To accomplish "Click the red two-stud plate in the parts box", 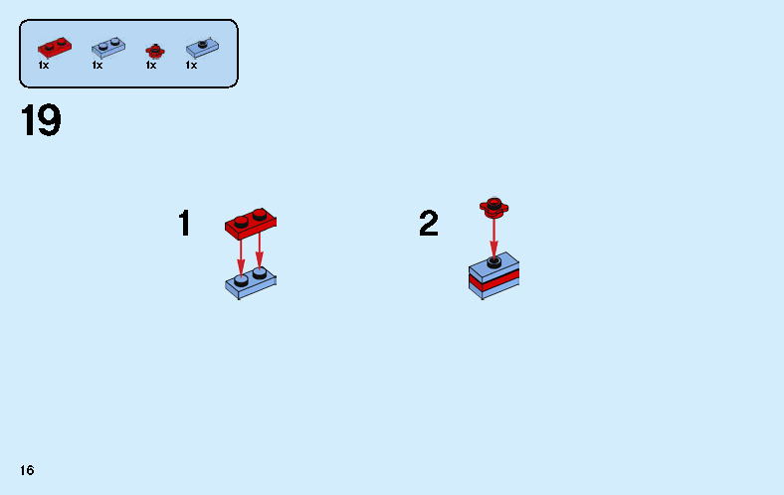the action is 55,48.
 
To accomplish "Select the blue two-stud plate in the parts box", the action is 108,48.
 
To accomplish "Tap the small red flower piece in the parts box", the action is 155,51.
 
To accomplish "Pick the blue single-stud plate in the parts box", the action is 203,48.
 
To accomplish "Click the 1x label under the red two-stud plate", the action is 44,65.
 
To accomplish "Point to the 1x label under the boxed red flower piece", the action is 151,65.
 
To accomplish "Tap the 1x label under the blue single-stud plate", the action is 191,65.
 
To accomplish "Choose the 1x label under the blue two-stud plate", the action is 98,65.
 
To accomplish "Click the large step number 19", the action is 41,120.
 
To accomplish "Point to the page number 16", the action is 27,470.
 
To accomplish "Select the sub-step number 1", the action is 184,223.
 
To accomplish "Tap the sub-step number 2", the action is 429,223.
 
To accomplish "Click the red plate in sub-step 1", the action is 251,225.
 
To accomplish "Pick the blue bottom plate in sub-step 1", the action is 251,283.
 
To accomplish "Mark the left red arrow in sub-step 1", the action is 241,257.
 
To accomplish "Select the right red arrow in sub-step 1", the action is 259,251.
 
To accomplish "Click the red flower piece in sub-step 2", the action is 494,208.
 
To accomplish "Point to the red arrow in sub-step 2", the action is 494,239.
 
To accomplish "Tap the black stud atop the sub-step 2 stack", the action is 494,262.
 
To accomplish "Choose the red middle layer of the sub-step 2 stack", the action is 494,280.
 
